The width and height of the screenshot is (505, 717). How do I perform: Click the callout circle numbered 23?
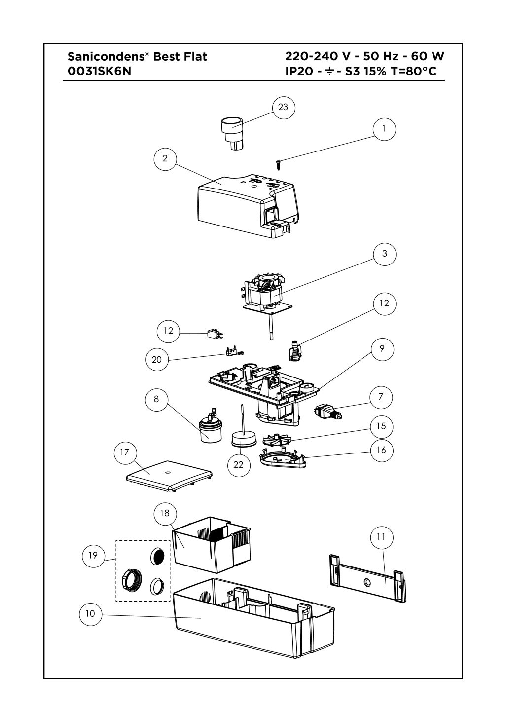(283, 107)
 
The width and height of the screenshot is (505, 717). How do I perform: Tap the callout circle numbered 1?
(384, 129)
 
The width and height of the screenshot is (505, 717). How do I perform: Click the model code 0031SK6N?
(99, 71)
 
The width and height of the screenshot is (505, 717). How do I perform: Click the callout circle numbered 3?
(384, 254)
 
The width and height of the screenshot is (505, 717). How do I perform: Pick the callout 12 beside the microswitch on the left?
(169, 331)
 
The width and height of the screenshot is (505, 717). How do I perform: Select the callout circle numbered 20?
(157, 360)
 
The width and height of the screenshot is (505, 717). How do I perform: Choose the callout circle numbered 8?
(157, 399)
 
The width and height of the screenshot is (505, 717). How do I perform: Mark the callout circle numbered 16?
(382, 450)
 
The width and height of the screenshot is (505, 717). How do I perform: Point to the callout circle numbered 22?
(238, 465)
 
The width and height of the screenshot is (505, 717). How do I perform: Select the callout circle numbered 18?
(165, 513)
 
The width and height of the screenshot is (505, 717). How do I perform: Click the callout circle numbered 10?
(90, 614)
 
